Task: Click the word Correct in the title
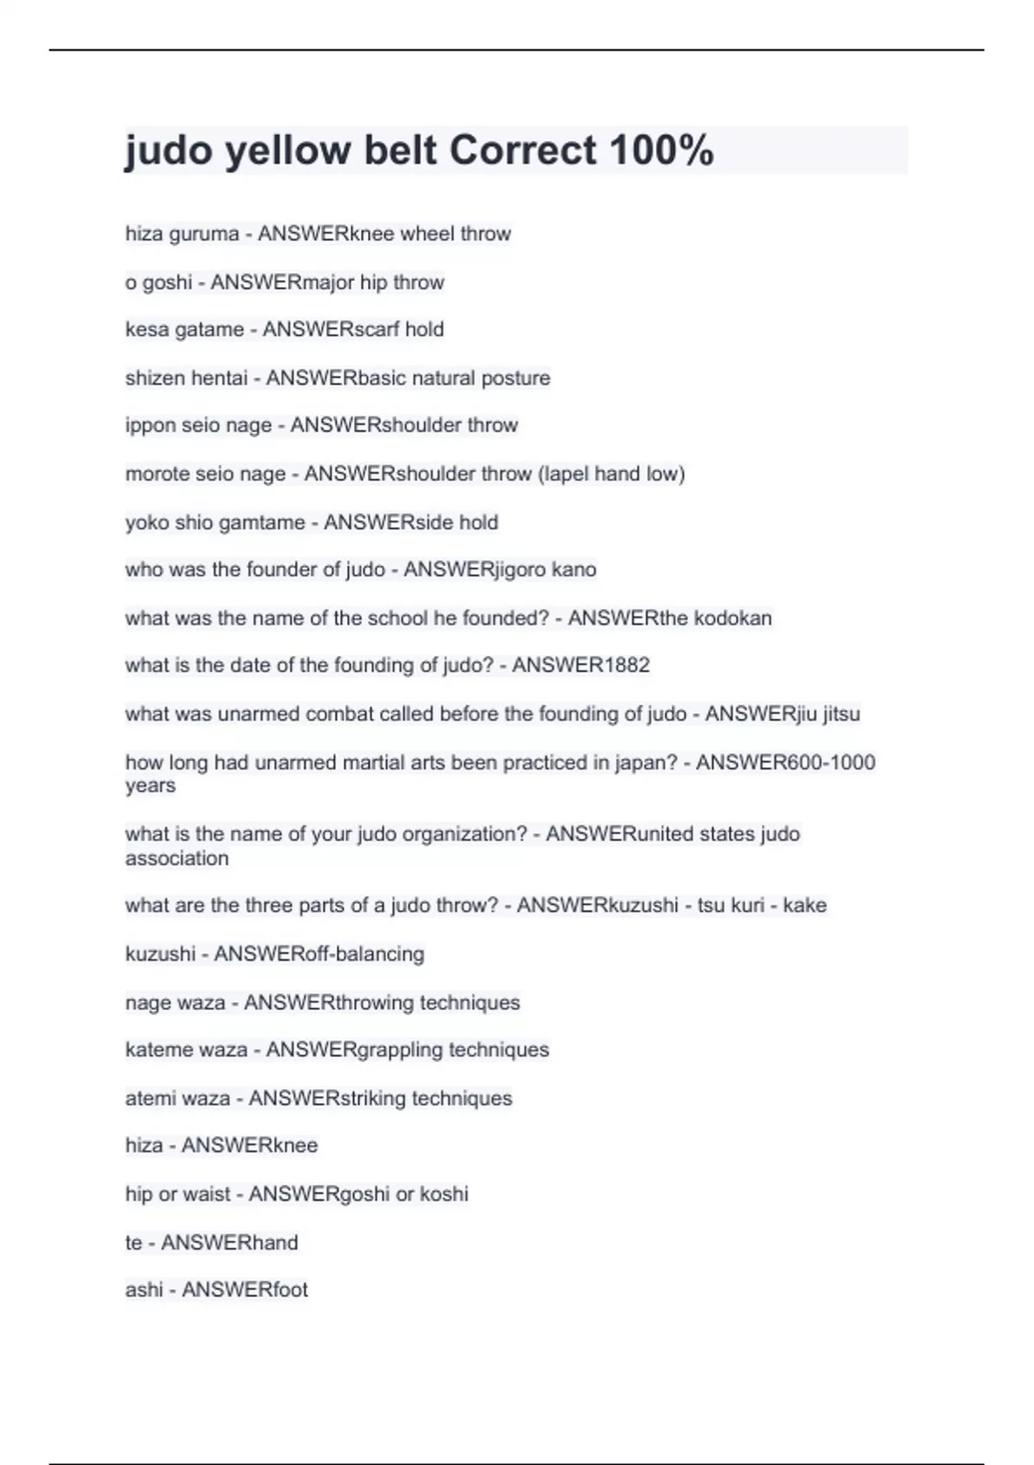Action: tap(522, 151)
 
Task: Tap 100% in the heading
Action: tap(661, 151)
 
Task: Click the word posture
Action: tap(515, 377)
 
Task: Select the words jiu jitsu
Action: tap(821, 714)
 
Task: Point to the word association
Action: tap(178, 858)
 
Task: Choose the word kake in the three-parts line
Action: tap(805, 906)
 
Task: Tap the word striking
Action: tap(374, 1098)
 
